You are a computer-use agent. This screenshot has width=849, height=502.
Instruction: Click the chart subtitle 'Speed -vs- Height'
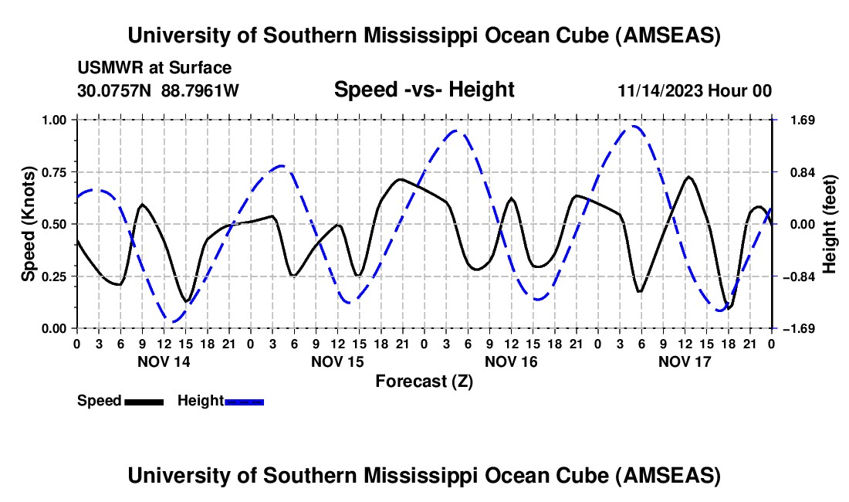[x=424, y=90]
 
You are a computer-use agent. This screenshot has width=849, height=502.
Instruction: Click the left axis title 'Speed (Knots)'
[x=28, y=224]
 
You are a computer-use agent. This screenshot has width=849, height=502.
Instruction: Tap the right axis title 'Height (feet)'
[x=830, y=224]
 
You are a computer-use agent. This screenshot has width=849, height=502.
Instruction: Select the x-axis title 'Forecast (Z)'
[x=424, y=381]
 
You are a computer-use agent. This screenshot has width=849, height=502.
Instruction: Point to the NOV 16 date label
[x=510, y=361]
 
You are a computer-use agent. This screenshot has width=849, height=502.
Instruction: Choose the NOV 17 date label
[x=684, y=361]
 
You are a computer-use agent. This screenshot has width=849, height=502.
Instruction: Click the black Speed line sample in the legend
[x=144, y=401]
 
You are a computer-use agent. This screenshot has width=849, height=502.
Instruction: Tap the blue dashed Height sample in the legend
[x=244, y=401]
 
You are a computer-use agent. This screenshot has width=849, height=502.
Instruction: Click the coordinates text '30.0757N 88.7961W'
[x=158, y=90]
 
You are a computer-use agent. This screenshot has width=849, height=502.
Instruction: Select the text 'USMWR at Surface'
[x=154, y=68]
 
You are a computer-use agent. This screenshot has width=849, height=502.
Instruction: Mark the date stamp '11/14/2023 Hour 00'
[x=695, y=90]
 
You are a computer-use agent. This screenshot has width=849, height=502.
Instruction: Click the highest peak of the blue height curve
[x=633, y=126]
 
